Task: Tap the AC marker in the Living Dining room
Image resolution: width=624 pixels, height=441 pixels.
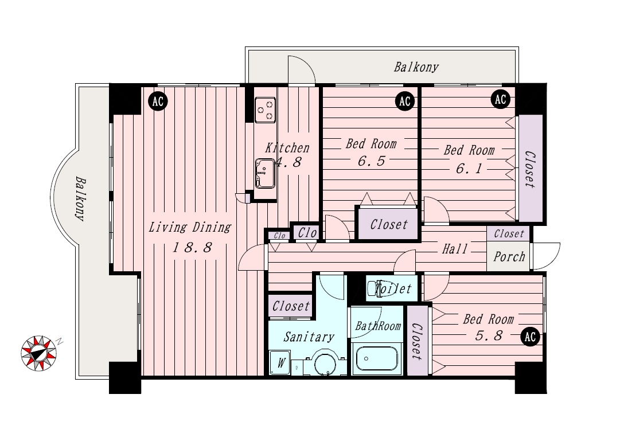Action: tap(158, 102)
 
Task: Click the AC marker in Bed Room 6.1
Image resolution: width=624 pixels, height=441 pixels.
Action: tap(501, 99)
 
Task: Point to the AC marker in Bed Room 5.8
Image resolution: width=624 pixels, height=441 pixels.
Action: tap(530, 337)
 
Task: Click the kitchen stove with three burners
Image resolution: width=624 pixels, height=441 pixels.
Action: tap(266, 110)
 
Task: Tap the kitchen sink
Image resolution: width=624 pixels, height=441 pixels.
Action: tap(265, 173)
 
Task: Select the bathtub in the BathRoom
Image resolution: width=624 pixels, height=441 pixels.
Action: tap(376, 360)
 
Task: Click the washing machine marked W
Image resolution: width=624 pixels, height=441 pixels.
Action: tap(281, 362)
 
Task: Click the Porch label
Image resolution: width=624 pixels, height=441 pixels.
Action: tap(509, 256)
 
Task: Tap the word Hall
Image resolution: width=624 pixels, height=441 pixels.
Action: tap(455, 249)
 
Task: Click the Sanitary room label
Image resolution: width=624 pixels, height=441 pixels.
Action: tap(309, 337)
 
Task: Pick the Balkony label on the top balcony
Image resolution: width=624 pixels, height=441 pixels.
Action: tap(416, 67)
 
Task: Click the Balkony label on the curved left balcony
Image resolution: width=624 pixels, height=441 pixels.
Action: tap(80, 200)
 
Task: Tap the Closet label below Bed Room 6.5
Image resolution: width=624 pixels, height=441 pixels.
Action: tap(389, 225)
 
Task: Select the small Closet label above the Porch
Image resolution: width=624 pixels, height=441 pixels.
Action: tap(509, 234)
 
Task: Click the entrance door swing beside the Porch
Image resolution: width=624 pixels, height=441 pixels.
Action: tap(546, 256)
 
